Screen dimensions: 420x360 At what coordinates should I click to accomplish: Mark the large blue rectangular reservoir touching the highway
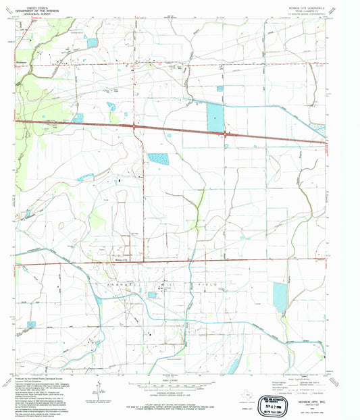coord(215,117)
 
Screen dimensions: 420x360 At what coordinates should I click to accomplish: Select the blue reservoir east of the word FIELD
coord(280,297)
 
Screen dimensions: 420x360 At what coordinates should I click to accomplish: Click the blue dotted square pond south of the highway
coord(159,159)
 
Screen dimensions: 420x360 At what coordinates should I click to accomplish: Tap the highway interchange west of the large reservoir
coord(135,126)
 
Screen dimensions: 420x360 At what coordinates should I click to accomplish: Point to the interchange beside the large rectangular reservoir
coord(227,134)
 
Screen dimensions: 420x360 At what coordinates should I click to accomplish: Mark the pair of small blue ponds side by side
coord(111,106)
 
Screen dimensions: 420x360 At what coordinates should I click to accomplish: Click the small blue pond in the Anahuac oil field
coord(153,295)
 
